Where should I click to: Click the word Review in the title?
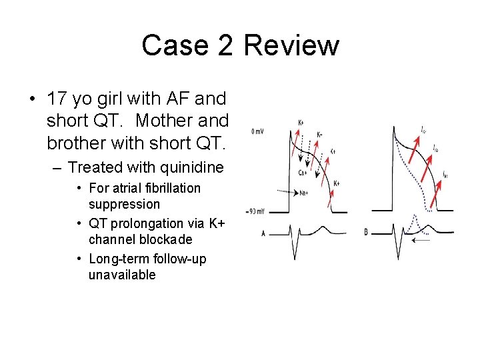[291, 46]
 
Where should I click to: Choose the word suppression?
[124, 204]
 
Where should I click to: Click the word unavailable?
[121, 275]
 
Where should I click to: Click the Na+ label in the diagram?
[303, 193]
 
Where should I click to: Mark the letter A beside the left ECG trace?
[264, 233]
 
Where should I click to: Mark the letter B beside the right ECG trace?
[366, 233]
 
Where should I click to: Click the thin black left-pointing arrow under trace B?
[421, 241]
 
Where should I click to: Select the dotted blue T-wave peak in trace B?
[414, 217]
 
